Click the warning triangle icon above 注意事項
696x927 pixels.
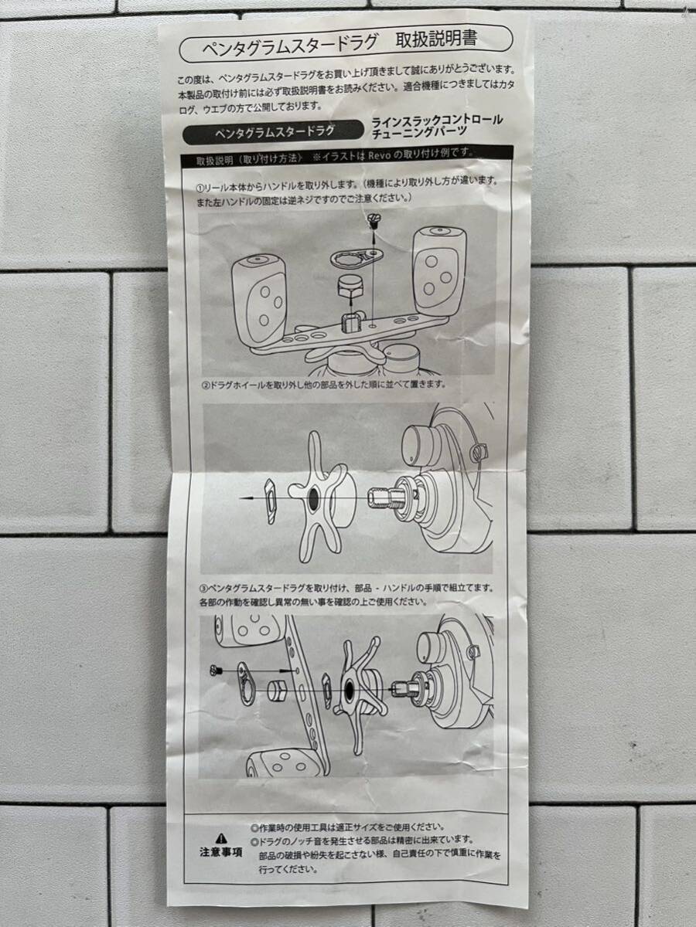[220, 837]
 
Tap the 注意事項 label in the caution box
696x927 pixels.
[220, 853]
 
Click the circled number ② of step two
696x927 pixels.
[206, 383]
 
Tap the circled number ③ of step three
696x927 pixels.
[203, 588]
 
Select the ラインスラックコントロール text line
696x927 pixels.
[437, 121]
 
